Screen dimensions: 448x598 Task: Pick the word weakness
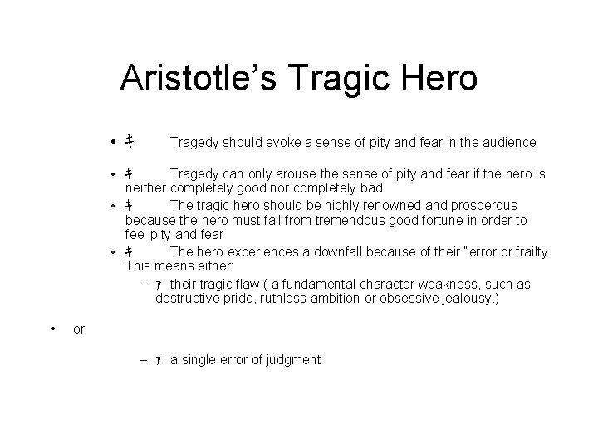[x=458, y=285]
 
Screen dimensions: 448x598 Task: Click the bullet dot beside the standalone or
[x=53, y=329]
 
